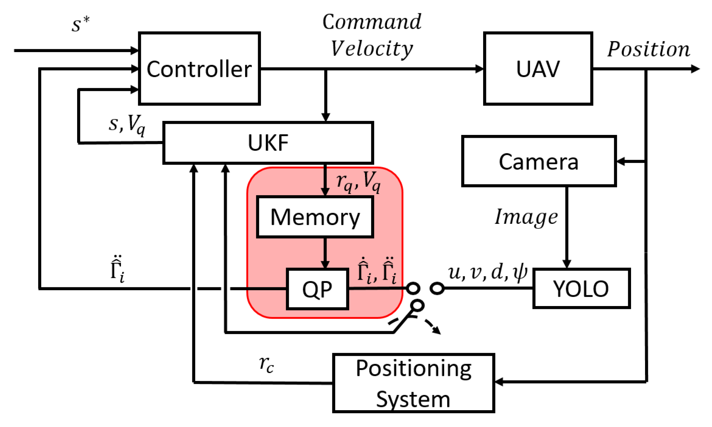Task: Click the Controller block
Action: [x=199, y=69]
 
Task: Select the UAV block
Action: [x=538, y=69]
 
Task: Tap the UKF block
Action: [x=268, y=143]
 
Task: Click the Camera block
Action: [x=539, y=161]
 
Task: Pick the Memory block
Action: [x=315, y=217]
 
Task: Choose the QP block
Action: [x=317, y=289]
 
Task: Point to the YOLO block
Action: [x=581, y=288]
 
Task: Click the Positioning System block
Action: [x=413, y=383]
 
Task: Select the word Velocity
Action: [x=372, y=49]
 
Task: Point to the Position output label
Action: [x=649, y=49]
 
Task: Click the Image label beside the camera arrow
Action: [x=526, y=217]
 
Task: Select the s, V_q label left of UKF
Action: [x=127, y=124]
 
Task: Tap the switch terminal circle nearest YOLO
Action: [x=437, y=288]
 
